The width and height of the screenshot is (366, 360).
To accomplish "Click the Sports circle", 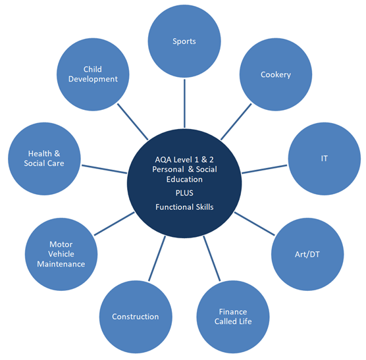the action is point(184,41).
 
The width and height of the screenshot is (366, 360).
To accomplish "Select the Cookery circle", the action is point(276,74).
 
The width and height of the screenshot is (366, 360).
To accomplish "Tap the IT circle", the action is point(325,159).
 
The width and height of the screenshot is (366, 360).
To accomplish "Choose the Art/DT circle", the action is point(307,254).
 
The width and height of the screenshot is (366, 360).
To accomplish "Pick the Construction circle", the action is point(136,317).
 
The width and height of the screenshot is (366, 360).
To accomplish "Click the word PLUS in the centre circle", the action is point(184,193).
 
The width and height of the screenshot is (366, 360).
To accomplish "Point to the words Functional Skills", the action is point(184,207).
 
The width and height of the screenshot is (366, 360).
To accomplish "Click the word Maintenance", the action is point(61,264).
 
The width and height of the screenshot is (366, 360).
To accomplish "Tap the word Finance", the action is point(233,312).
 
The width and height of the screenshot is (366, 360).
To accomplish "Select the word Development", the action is point(93,79).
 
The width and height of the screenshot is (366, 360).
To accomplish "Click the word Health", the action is point(40,153).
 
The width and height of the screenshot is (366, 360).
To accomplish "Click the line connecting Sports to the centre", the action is point(184,103).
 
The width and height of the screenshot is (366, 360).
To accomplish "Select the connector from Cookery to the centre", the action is point(236,122).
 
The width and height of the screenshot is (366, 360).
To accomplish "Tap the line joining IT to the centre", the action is point(265,169).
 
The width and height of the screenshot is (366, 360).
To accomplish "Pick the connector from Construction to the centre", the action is point(157,259).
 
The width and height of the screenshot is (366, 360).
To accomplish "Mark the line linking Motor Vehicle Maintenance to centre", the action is point(114,224).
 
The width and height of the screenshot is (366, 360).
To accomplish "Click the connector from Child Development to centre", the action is point(132,122).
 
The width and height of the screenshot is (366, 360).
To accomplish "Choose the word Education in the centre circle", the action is point(184,180).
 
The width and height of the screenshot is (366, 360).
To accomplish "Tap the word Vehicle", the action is point(61,254).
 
